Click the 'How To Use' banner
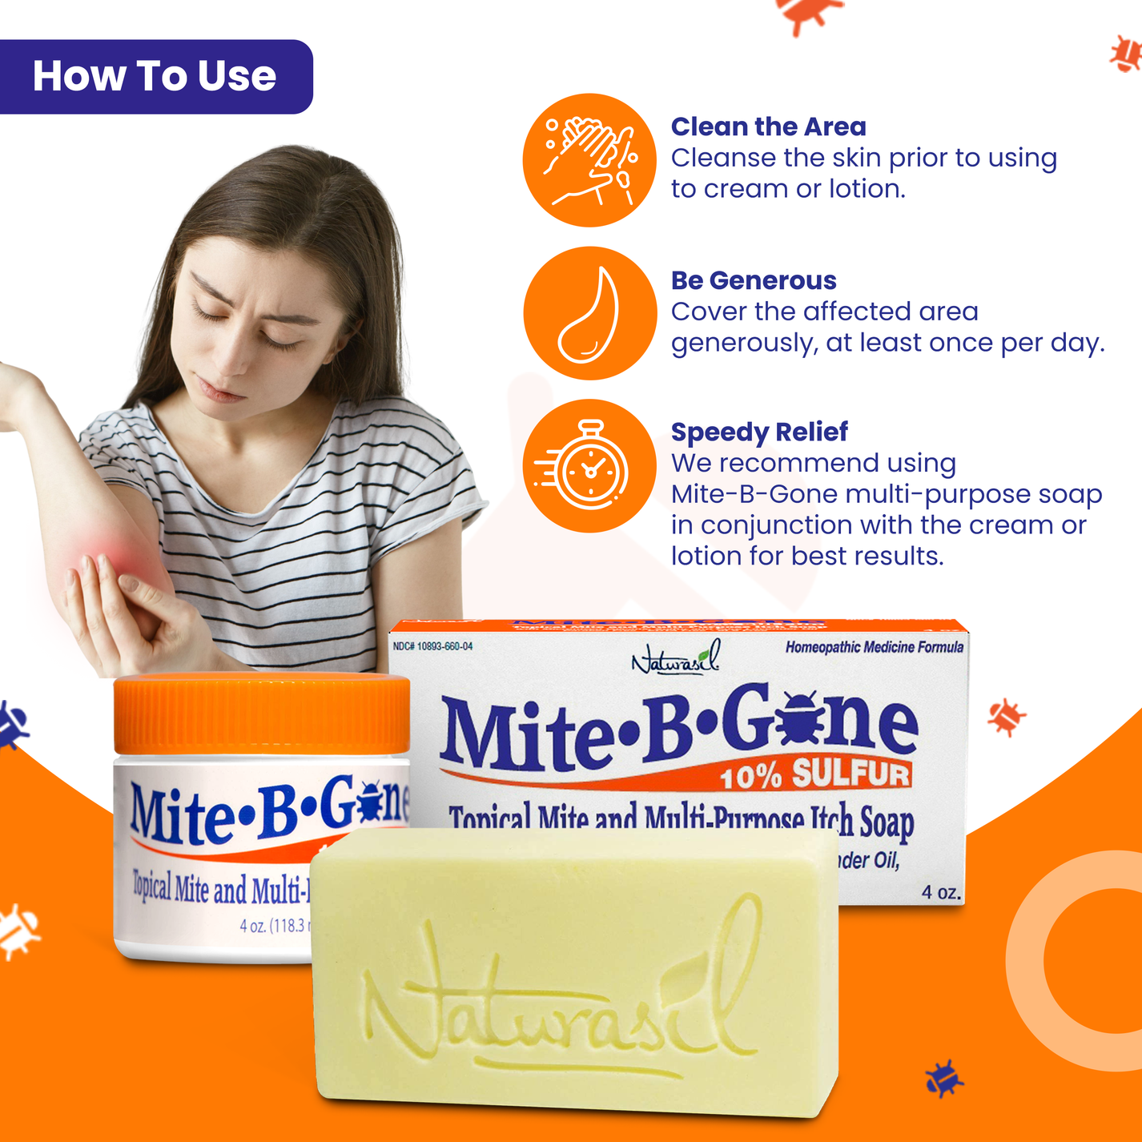(x=155, y=77)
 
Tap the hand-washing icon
(x=589, y=160)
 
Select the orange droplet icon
(x=589, y=313)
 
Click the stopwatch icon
(x=589, y=466)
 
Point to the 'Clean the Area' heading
(x=768, y=127)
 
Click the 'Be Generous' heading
(x=753, y=280)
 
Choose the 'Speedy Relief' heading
(x=758, y=432)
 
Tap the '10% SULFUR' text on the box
(x=814, y=774)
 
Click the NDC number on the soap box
(x=432, y=646)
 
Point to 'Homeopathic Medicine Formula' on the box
(x=874, y=647)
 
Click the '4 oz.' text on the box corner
(x=940, y=892)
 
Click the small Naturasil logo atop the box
(x=677, y=658)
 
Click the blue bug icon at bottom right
(x=943, y=1079)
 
